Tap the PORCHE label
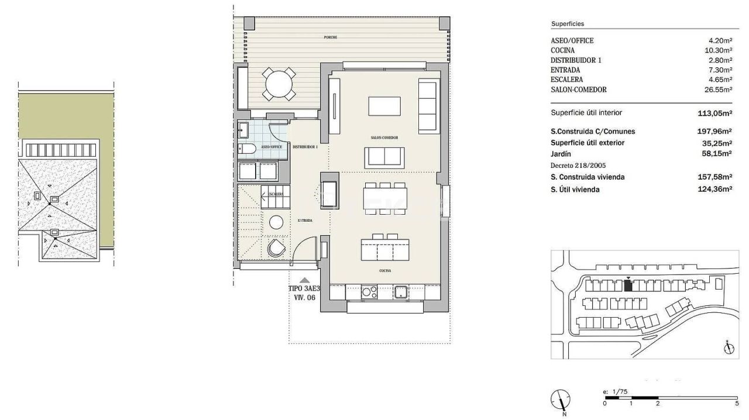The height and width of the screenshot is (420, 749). (331, 37)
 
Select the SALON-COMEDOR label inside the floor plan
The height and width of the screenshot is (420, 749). (384, 137)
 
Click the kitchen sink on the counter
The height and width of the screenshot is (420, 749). (400, 291)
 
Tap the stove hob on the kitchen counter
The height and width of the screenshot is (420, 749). (370, 291)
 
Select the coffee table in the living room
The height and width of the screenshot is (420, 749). (384, 106)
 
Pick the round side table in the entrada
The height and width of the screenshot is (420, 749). (276, 222)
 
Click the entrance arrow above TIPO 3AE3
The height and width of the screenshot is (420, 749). (304, 280)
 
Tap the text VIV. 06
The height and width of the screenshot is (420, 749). (304, 297)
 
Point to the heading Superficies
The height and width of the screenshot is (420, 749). (568, 24)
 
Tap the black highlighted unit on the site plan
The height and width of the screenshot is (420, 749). (628, 285)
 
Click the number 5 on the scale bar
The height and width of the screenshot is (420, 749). (736, 403)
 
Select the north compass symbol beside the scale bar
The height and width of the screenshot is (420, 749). (561, 401)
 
